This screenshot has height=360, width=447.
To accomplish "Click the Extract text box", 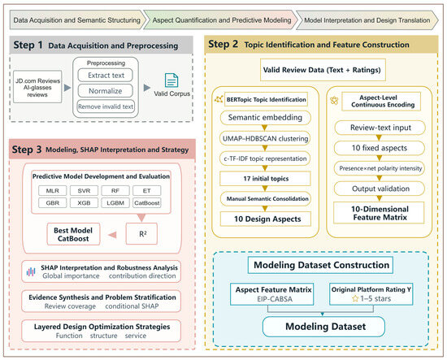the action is (105, 76).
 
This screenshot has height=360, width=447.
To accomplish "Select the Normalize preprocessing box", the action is (105, 91).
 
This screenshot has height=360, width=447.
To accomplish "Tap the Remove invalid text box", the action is (106, 106).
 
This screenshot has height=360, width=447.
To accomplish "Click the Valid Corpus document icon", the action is (171, 80).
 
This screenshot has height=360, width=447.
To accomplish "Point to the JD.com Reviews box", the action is (37, 87).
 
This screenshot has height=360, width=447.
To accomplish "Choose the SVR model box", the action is (84, 191).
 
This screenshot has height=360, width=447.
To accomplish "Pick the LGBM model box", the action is (115, 203).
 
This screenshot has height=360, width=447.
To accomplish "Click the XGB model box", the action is (84, 203).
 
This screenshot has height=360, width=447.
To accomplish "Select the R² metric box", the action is (141, 234).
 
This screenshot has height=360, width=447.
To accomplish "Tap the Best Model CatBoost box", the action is (73, 234).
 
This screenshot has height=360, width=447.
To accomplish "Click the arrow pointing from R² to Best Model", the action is (112, 235).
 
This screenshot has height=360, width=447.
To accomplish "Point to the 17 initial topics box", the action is (265, 179).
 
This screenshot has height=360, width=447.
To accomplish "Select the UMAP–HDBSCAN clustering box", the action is (265, 138).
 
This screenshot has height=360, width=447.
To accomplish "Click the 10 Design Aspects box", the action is (266, 219).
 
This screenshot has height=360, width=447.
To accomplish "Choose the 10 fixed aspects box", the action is (380, 148).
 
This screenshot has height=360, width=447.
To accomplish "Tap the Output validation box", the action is (380, 189).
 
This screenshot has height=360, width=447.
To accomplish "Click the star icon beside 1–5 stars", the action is (355, 299).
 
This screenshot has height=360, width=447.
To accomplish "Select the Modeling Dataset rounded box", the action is (323, 327).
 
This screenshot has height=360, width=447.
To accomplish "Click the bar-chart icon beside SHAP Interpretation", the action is (31, 272).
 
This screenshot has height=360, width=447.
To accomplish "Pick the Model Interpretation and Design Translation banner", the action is (367, 20).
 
